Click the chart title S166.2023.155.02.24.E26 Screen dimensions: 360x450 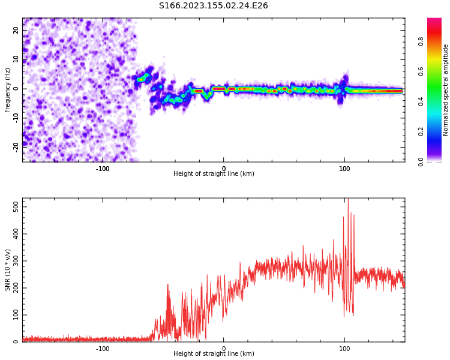click(213, 6)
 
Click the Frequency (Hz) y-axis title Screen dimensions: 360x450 click(8, 90)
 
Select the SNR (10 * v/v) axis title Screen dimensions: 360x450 click(8, 270)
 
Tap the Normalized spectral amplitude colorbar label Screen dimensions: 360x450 click(446, 90)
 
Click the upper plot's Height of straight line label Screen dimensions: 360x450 click(214, 174)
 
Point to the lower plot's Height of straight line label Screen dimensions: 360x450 click(214, 354)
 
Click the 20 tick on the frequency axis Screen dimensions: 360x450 click(16, 30)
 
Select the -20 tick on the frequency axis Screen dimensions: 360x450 click(16, 146)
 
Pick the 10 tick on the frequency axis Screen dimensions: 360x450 click(16, 59)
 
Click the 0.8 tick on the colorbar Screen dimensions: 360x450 click(421, 41)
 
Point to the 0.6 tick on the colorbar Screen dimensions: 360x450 click(421, 71)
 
